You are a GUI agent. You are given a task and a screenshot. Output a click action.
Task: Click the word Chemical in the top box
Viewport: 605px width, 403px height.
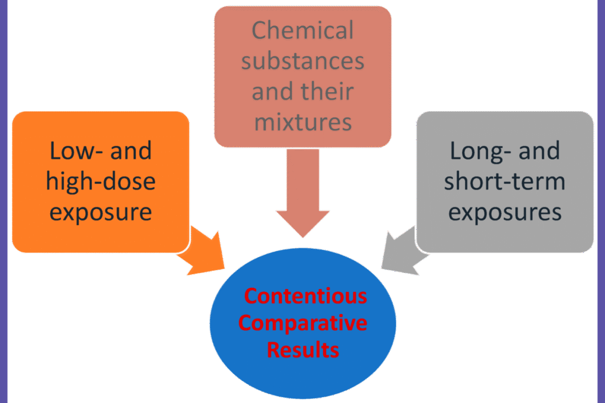[302, 30]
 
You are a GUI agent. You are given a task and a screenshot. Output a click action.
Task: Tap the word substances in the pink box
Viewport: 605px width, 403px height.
[302, 61]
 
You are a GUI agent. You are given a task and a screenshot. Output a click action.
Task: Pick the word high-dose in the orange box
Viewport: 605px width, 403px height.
[100, 181]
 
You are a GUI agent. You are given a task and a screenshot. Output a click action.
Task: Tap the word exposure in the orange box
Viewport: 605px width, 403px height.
[100, 212]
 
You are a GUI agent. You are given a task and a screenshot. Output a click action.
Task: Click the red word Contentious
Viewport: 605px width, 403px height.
[305, 295]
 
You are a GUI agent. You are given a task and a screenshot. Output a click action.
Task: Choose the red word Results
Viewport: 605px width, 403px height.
[302, 350]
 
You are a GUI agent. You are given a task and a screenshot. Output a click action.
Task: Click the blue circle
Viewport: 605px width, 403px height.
[302, 378]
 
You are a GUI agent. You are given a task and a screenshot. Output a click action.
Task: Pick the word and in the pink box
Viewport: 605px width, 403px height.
[272, 92]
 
